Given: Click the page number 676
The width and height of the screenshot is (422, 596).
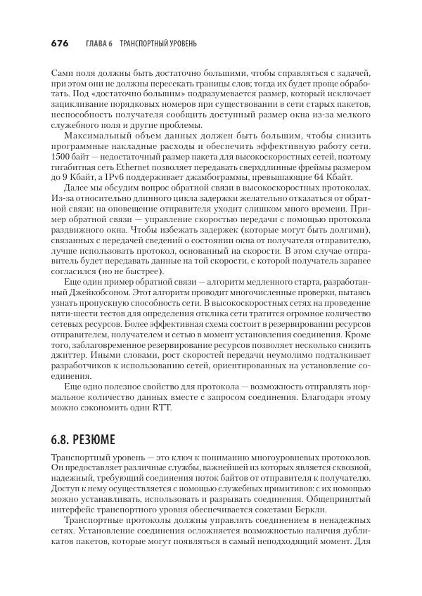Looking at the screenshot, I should click(x=59, y=44).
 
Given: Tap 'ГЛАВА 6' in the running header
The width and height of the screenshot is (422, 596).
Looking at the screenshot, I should click(x=98, y=44).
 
